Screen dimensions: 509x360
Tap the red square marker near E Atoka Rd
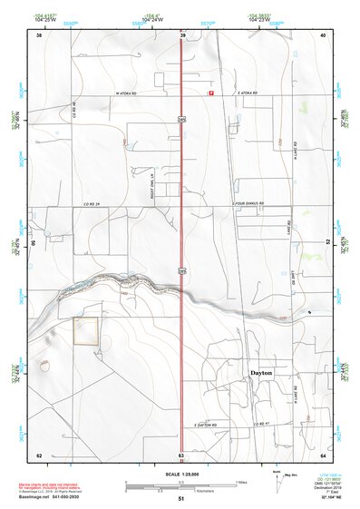click(x=212, y=93)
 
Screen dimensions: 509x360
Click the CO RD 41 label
click(x=263, y=424)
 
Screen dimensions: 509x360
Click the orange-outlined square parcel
click(x=85, y=331)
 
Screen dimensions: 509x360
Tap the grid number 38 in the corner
click(x=39, y=34)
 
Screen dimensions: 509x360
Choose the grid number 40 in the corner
click(x=324, y=34)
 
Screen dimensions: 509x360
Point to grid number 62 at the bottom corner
click(x=39, y=455)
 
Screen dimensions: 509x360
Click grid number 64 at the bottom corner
click(x=324, y=455)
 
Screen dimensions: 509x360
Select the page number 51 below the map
click(x=181, y=499)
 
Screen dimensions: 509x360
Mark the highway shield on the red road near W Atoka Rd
click(x=182, y=117)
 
